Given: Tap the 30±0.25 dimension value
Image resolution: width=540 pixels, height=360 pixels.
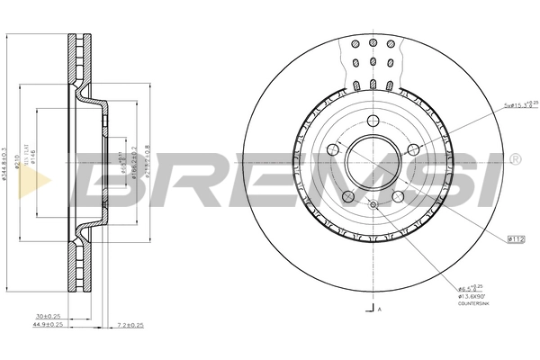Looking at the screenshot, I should (x=47, y=317).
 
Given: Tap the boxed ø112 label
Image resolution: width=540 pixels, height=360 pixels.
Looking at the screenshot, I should (x=517, y=238).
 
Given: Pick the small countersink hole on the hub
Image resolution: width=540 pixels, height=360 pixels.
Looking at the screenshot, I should (x=373, y=206).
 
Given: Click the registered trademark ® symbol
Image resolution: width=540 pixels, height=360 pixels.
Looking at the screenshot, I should (x=514, y=158).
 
